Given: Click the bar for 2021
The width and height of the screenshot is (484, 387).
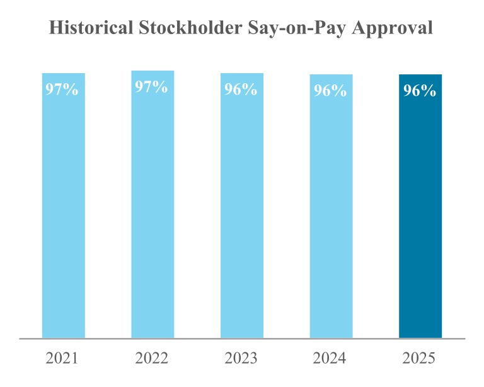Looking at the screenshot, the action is coord(64,205).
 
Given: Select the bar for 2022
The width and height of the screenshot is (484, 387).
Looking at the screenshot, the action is coord(153,204).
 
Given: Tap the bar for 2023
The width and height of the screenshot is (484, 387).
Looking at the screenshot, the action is coord(242,205).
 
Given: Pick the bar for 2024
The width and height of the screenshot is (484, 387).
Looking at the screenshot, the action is coord(331,206).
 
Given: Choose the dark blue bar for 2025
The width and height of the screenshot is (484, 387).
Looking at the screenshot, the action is coord(420,206).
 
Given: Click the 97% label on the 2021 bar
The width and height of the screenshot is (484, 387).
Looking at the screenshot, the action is coord(62,90).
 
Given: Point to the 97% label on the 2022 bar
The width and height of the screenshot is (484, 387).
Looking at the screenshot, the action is coord(151,87).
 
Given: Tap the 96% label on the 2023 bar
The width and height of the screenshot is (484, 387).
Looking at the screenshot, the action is coord(241,90).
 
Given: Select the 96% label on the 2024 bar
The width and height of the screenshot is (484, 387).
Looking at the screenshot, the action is coord(330,90).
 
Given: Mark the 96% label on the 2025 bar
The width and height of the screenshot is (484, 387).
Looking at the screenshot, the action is coord(420,90).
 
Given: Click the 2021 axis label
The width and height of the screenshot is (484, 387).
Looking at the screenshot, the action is coord(62,358).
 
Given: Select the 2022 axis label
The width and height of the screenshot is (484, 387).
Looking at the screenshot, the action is coord(151,358).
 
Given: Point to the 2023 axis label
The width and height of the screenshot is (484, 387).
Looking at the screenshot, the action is coord(241,358).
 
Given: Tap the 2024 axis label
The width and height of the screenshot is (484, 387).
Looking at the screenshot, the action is coord(330,358).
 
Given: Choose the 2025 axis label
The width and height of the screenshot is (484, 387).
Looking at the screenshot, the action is coord(419,358).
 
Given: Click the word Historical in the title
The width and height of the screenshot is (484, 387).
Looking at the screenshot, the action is coord(91,28).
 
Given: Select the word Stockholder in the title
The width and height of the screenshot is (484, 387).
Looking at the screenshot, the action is coord(190,28).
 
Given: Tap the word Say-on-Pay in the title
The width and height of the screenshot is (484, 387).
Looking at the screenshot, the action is coord(297,28).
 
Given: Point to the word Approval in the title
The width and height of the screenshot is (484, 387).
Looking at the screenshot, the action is coord(393,28).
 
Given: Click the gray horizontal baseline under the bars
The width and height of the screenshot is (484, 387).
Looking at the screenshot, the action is coord(242,339).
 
